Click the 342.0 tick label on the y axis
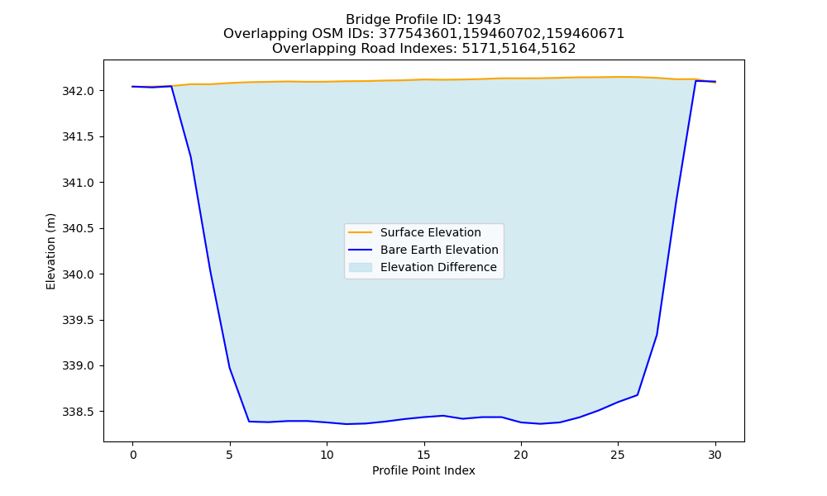pyautogui.click(x=78, y=91)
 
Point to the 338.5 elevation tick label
pyautogui.click(x=78, y=412)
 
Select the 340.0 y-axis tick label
pyautogui.click(x=78, y=274)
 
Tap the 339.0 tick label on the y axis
pyautogui.click(x=78, y=366)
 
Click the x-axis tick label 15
pyautogui.click(x=423, y=455)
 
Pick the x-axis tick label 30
pyautogui.click(x=715, y=455)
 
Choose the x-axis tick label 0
pyautogui.click(x=132, y=455)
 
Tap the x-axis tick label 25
pyautogui.click(x=618, y=455)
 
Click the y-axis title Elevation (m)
pyautogui.click(x=50, y=251)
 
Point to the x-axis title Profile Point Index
pyautogui.click(x=423, y=470)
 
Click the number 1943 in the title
pyautogui.click(x=484, y=20)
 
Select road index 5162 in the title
pyautogui.click(x=558, y=49)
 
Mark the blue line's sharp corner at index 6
pyautogui.click(x=249, y=421)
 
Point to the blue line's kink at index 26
pyautogui.click(x=638, y=395)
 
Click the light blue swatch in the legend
pyautogui.click(x=361, y=267)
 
